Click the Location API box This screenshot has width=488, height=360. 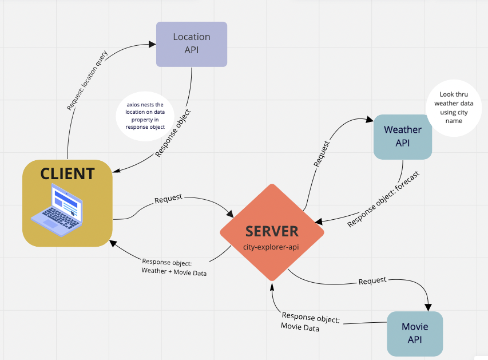[192, 44]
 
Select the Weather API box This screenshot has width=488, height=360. [403, 136]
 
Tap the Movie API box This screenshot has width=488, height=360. [415, 333]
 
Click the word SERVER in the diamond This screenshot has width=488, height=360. [272, 231]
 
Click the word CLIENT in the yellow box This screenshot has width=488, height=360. [68, 173]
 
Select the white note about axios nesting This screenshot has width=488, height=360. [145, 116]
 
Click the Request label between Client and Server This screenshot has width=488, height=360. [168, 197]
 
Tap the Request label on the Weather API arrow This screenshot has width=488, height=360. [322, 153]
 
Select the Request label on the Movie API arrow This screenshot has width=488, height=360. [372, 280]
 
